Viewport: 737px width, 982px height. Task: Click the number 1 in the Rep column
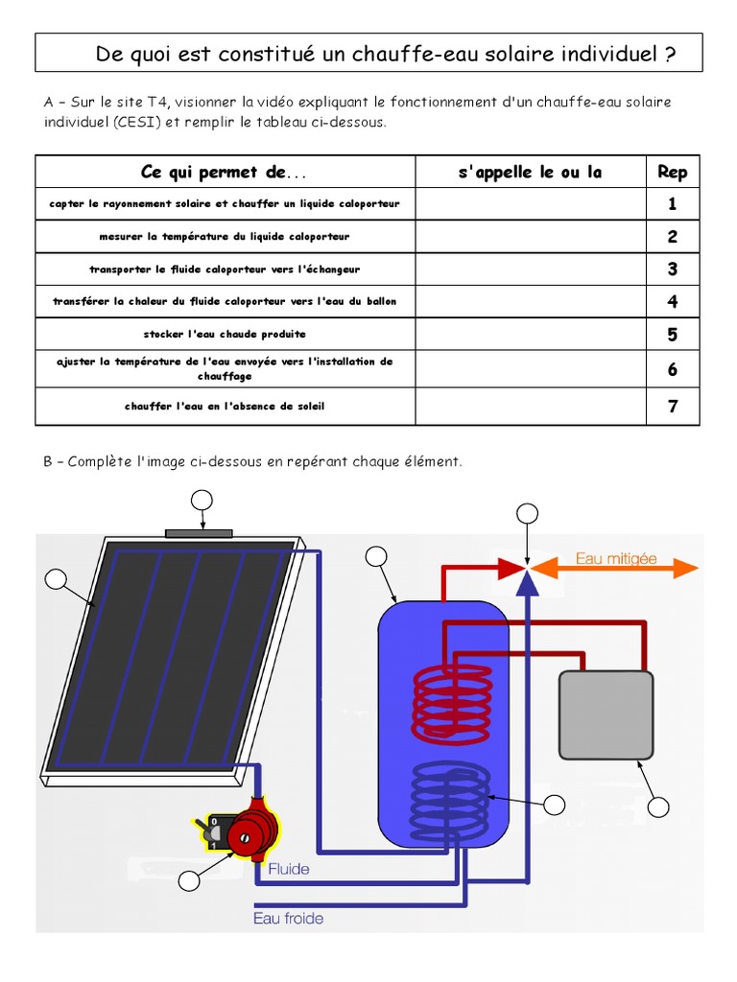[673, 204]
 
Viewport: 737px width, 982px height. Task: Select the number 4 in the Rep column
[673, 302]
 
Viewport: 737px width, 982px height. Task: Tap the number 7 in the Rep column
[673, 407]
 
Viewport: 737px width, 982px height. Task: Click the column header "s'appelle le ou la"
[530, 173]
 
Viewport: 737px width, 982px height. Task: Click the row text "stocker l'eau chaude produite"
[225, 335]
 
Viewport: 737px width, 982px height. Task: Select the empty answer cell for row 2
[530, 237]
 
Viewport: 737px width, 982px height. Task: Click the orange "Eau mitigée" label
[616, 558]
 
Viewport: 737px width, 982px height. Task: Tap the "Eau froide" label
[288, 918]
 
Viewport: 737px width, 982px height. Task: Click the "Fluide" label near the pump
[289, 869]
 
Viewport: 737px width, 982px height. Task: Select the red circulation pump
[255, 830]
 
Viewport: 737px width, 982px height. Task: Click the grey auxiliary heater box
[606, 715]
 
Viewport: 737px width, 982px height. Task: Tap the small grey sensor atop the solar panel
[199, 532]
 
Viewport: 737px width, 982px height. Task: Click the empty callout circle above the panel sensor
[202, 500]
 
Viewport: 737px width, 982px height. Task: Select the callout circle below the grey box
[657, 807]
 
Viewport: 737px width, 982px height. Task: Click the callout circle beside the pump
[190, 879]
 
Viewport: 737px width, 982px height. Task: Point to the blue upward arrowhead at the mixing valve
[527, 581]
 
